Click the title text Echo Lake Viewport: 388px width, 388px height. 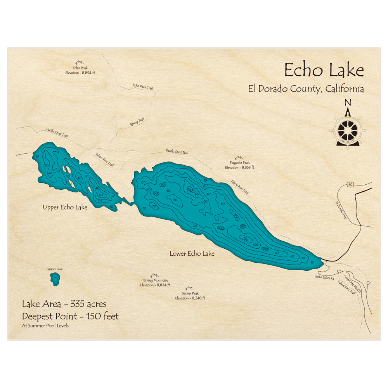click(x=324, y=71)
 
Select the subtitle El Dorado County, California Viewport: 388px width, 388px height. click(x=306, y=89)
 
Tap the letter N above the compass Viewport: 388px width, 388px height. click(x=348, y=103)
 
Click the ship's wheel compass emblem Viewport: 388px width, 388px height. click(x=348, y=130)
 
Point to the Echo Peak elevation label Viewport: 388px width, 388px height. click(x=80, y=70)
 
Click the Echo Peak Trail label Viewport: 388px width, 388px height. click(x=142, y=87)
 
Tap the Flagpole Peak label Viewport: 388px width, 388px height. click(x=239, y=165)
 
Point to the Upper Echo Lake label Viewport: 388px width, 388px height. click(x=65, y=208)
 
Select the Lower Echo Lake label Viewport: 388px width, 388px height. click(x=192, y=254)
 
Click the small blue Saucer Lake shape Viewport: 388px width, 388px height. click(x=55, y=279)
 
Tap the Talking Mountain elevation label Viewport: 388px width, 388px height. click(x=155, y=283)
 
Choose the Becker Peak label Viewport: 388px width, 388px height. click(x=190, y=296)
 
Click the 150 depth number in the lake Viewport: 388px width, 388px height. click(x=245, y=238)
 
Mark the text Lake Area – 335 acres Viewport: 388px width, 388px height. click(x=64, y=304)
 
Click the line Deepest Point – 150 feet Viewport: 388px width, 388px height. click(x=70, y=316)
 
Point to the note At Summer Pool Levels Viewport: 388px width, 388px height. click(x=45, y=326)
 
